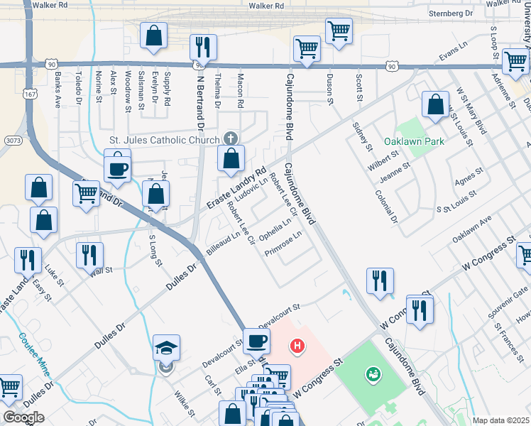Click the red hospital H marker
(x=297, y=346)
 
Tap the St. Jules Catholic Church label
(x=165, y=140)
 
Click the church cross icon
(x=229, y=138)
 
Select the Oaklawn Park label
(x=414, y=141)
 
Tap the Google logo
(x=23, y=417)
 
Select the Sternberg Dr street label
(x=451, y=13)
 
